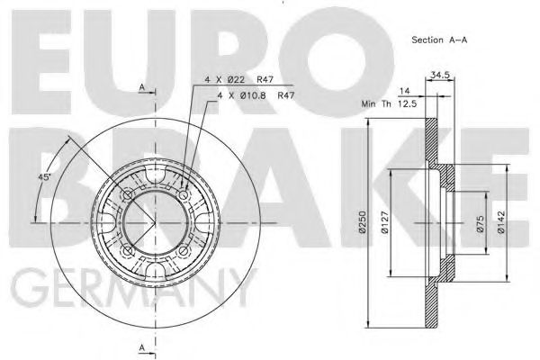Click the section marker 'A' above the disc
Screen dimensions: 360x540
[142, 86]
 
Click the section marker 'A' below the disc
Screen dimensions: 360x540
[142, 346]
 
